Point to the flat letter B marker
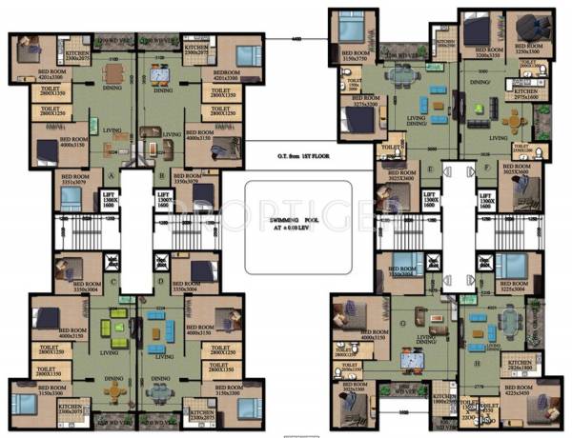163,175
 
